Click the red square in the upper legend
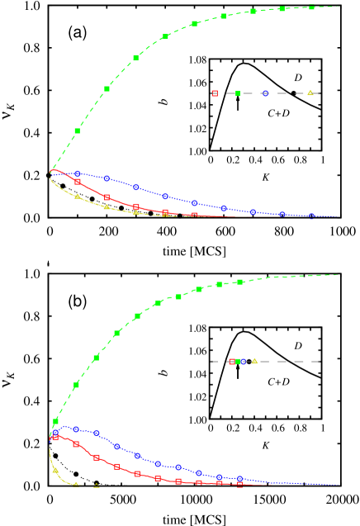click(x=215, y=93)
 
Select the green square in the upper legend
click(x=238, y=93)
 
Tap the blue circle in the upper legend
click(x=265, y=93)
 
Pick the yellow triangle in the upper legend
click(x=310, y=92)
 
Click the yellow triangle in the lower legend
click(x=254, y=361)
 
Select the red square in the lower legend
click(x=232, y=362)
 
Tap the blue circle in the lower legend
click(x=243, y=362)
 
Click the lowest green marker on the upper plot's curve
click(x=78, y=130)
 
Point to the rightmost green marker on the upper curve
click(x=311, y=7)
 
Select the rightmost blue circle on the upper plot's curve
click(x=311, y=216)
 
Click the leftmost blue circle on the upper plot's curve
click(x=78, y=173)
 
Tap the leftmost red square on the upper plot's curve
click(x=78, y=181)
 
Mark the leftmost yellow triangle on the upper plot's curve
click(x=78, y=196)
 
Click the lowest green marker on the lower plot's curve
click(x=56, y=421)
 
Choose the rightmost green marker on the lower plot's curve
click(x=240, y=282)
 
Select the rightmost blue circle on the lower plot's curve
click(x=240, y=478)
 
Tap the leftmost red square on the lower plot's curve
click(x=56, y=437)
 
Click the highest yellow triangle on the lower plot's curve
click(x=56, y=470)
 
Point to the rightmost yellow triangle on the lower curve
click(x=97, y=486)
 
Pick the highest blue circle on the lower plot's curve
click(x=76, y=429)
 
